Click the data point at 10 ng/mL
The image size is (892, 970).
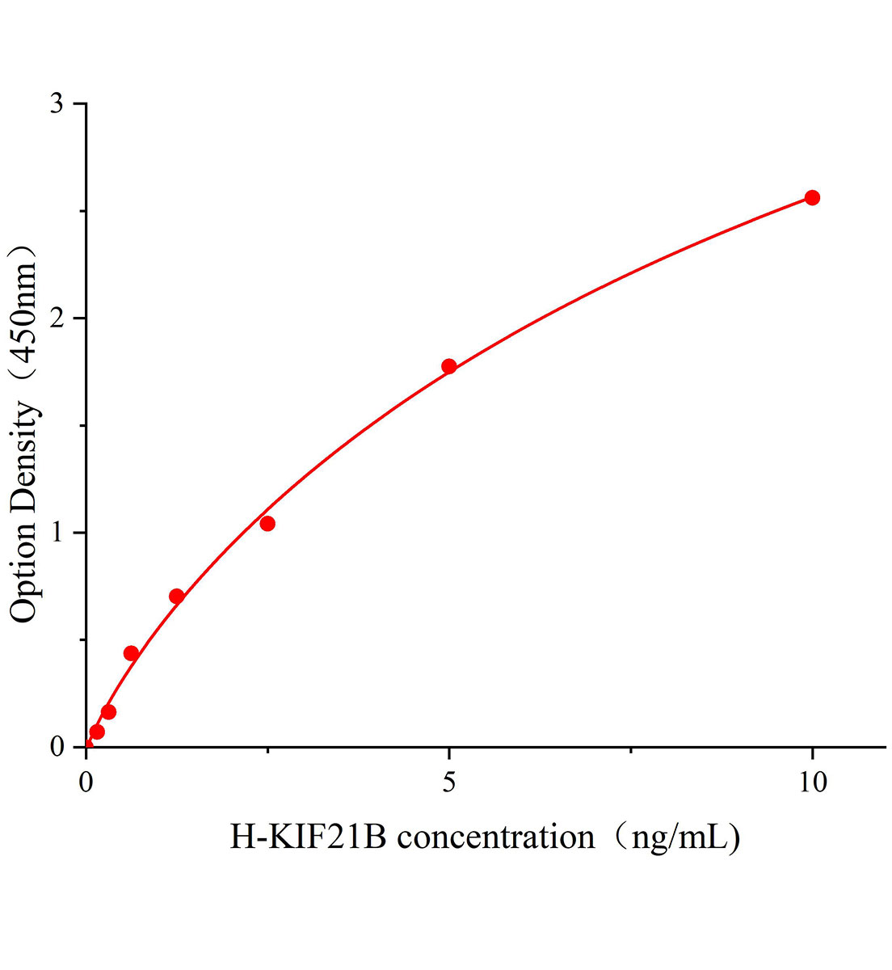click(812, 197)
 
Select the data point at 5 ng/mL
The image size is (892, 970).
click(449, 366)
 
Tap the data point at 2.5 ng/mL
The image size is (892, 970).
click(267, 524)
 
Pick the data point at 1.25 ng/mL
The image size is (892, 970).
click(177, 597)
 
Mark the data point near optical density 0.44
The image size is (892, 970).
click(131, 653)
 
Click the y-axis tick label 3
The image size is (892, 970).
click(57, 104)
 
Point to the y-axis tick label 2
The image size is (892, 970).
click(57, 318)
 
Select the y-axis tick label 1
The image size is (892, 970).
click(57, 533)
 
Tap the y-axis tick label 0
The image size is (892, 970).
click(57, 747)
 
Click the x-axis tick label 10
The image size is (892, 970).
click(812, 782)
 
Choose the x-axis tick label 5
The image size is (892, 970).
click(449, 782)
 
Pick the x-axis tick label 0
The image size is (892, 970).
click(86, 782)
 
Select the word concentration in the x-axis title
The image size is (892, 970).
click(495, 837)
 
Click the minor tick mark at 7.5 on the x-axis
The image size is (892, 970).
click(630, 751)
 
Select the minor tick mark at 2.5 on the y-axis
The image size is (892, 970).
click(82, 212)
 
